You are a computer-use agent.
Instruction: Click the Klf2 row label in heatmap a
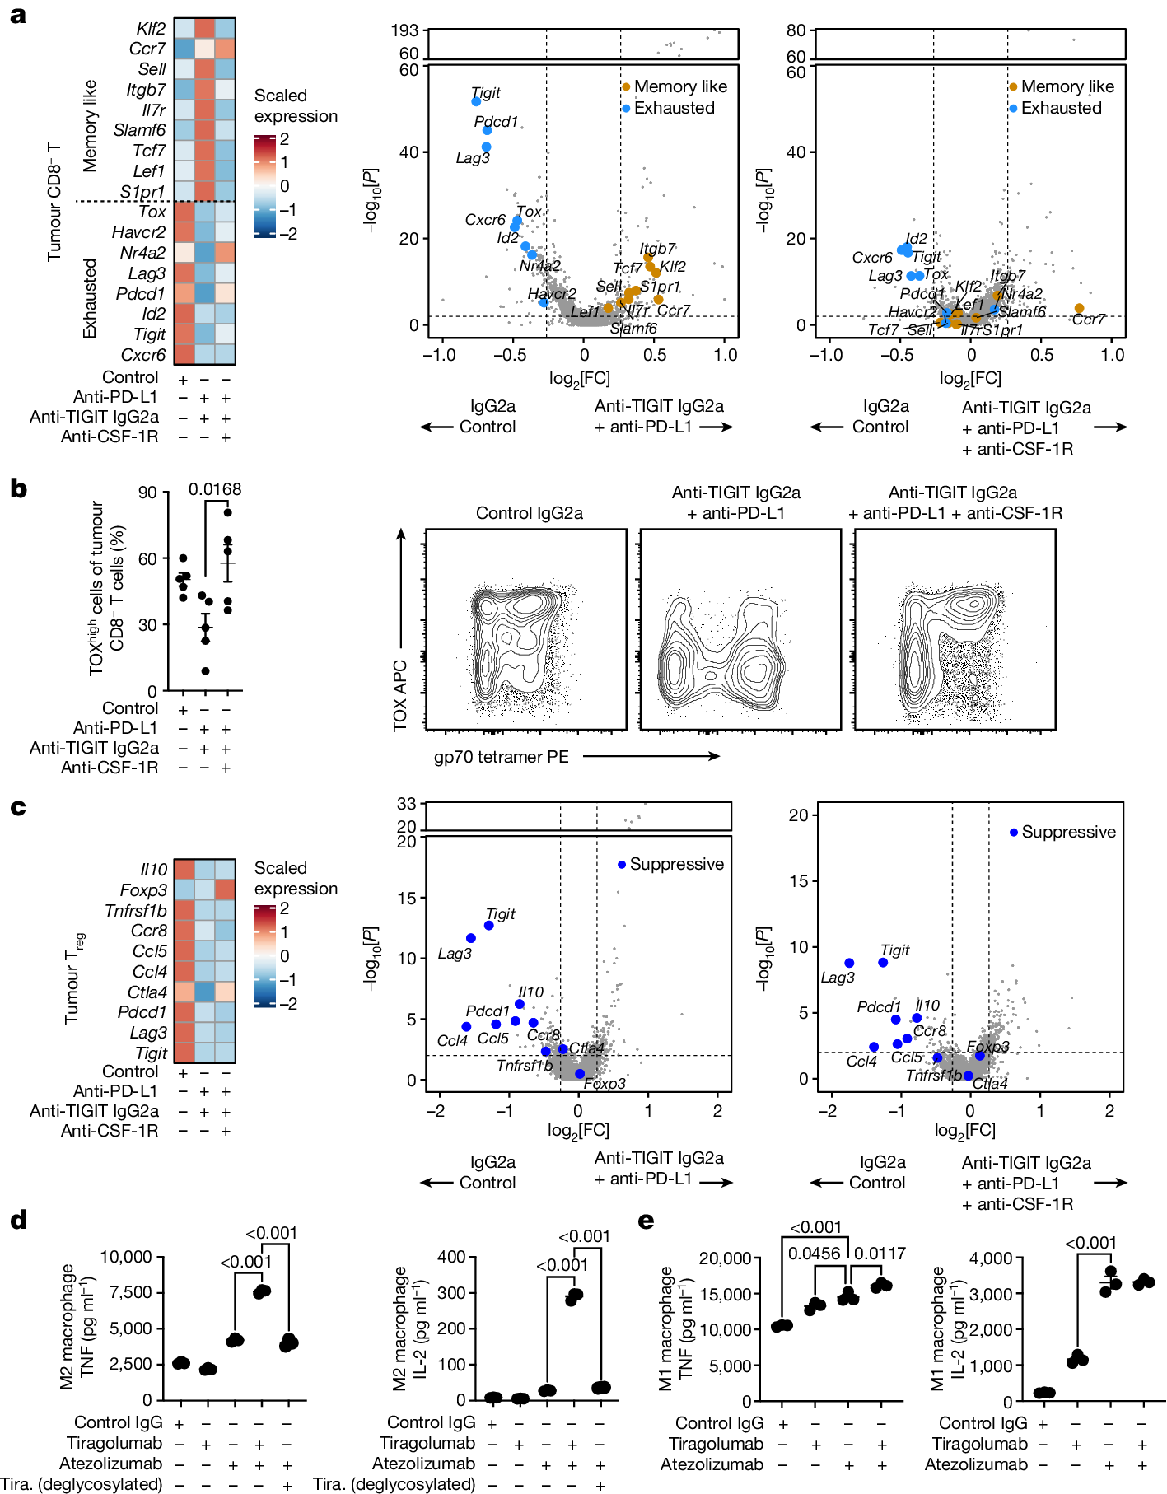[150, 29]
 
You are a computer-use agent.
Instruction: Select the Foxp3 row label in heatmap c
[143, 890]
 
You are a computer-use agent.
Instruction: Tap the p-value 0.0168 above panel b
[215, 489]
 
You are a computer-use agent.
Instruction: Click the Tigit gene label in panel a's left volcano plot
[486, 93]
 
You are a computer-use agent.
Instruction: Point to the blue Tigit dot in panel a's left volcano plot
[476, 102]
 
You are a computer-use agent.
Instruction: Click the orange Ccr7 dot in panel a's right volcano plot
[1079, 308]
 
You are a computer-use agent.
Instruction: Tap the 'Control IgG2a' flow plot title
[529, 513]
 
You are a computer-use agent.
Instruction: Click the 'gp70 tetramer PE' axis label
[501, 756]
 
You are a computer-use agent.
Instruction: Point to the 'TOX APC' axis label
[400, 696]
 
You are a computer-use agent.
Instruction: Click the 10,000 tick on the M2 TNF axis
[125, 1257]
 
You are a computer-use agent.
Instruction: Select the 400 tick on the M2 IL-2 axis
[452, 1257]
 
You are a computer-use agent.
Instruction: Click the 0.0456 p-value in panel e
[814, 1254]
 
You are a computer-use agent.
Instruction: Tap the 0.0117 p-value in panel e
[880, 1254]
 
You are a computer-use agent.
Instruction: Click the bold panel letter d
[18, 1220]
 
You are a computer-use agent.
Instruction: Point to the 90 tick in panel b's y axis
[147, 493]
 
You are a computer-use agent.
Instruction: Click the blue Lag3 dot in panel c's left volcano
[470, 938]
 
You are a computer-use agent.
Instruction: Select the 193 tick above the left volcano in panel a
[405, 30]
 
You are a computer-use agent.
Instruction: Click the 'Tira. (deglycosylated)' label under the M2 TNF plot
[82, 1484]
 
